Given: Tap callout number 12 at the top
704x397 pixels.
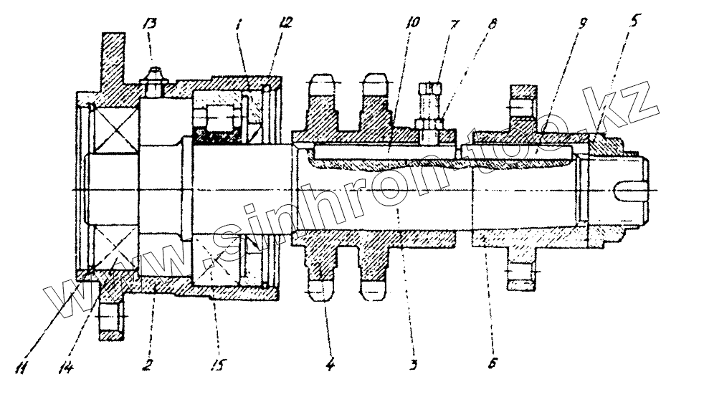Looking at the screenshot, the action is pos(286,22).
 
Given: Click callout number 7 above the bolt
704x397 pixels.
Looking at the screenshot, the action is pos(453,25).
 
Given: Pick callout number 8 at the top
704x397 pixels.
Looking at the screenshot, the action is pos(491,25).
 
